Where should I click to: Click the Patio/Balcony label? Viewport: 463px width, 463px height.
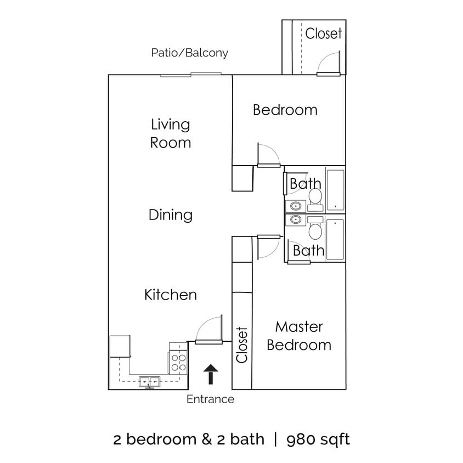189,53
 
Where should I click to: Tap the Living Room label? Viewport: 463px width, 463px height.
171,133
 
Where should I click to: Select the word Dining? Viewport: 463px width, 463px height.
171,214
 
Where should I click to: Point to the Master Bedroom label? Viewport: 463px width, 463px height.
299,336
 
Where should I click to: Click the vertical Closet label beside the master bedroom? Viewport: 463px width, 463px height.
242,345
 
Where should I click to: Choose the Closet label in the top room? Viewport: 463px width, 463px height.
324,33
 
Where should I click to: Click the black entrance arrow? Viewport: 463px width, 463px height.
210,376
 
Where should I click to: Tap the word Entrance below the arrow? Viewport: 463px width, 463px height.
210,399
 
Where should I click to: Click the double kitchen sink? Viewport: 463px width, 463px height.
149,381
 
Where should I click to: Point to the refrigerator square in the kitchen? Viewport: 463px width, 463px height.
120,347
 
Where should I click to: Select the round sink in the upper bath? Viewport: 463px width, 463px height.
296,206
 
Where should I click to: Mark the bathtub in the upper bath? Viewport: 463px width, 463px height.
335,189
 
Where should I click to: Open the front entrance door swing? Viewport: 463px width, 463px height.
209,329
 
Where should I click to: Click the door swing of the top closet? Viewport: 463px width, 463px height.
331,63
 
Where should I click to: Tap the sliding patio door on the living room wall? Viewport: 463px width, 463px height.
191,75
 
